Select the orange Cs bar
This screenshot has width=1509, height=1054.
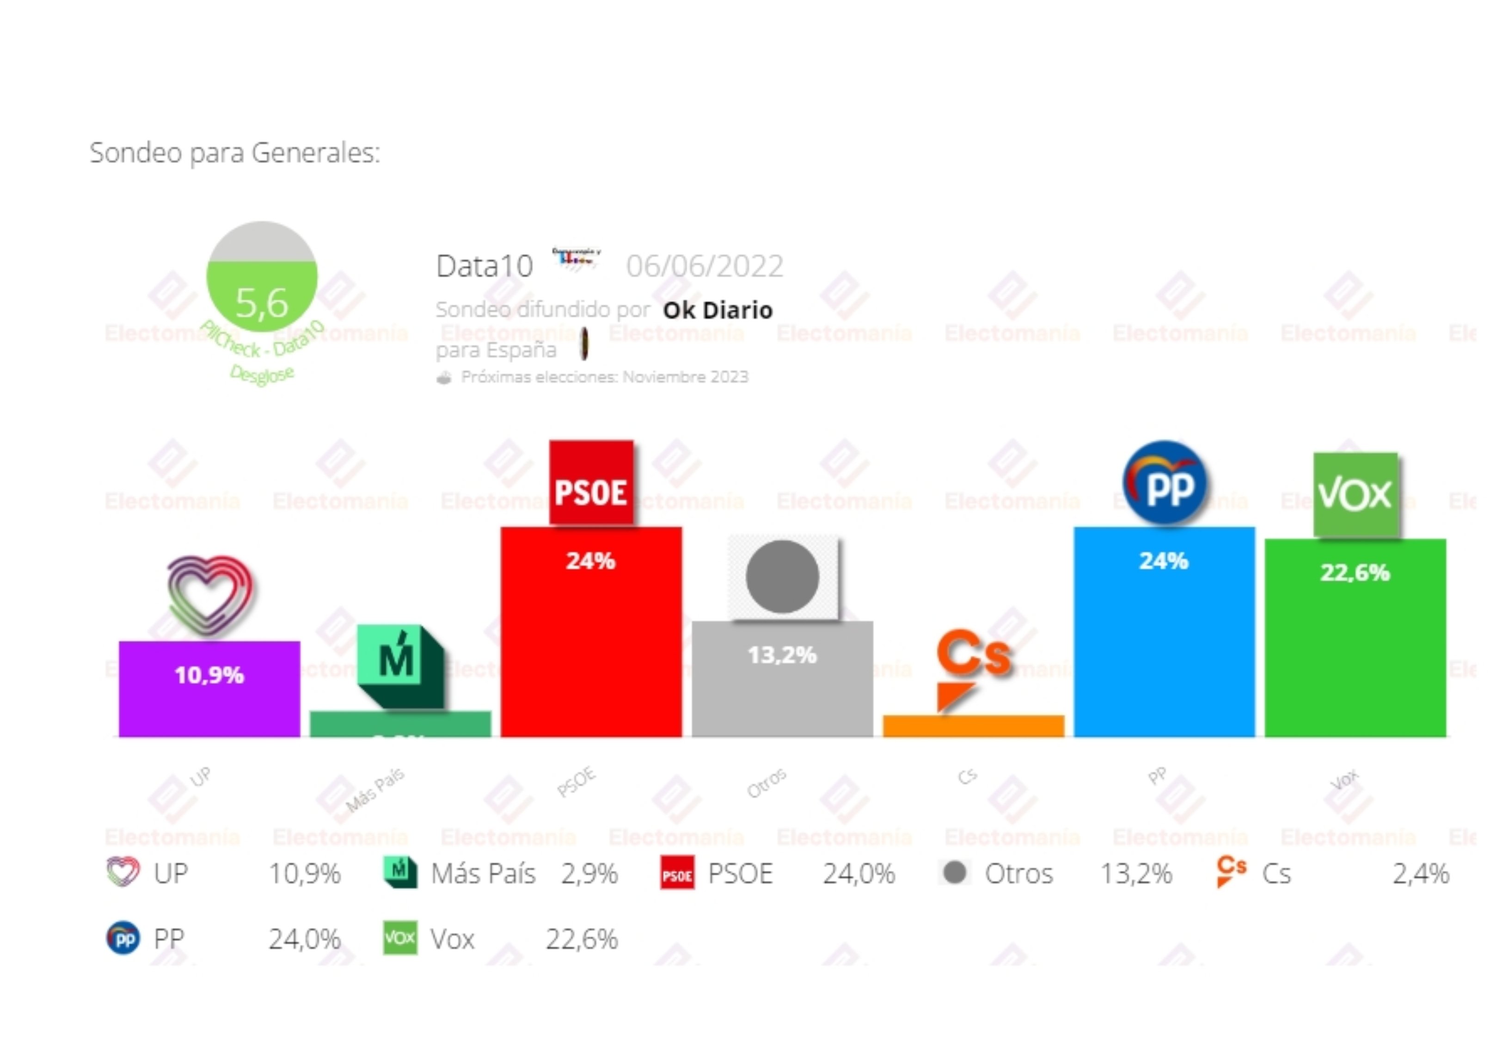(973, 726)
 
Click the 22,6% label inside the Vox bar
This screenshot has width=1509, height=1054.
(1355, 573)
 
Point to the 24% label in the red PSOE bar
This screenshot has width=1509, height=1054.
(590, 561)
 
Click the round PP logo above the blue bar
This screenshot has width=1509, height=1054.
(1164, 483)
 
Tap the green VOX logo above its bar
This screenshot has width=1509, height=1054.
(1355, 494)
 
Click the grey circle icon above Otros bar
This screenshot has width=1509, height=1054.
(782, 577)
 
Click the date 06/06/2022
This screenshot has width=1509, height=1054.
(705, 266)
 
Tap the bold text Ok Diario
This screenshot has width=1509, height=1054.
(718, 310)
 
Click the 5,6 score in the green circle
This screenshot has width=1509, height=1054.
(262, 302)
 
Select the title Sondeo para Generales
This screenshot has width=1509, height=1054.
(235, 153)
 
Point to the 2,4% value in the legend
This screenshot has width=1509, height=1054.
(1420, 874)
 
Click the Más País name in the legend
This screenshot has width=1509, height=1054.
(483, 874)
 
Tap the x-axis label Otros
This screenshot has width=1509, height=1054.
(767, 783)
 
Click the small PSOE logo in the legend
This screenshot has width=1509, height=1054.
(677, 873)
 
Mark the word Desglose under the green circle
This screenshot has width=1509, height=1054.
(262, 374)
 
